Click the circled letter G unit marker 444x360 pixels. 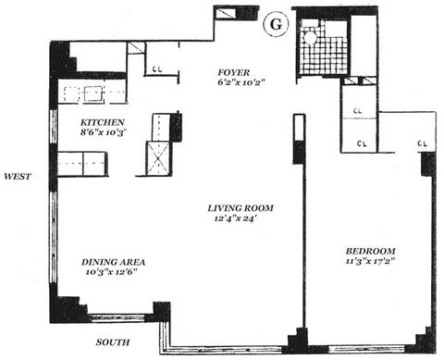tap(277, 24)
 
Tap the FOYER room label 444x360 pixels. tap(233, 73)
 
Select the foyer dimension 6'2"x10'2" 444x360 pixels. tap(241, 82)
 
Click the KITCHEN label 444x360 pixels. tap(103, 122)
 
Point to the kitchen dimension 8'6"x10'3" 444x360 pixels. tap(104, 132)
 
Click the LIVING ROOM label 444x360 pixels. tap(240, 208)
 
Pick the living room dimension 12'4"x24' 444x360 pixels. tap(236, 218)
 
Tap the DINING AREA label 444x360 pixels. tap(113, 262)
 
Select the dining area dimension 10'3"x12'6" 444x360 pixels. tap(111, 272)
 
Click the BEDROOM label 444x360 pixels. tap(370, 251)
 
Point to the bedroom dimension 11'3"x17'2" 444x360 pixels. tap(370, 261)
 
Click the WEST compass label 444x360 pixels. tap(18, 177)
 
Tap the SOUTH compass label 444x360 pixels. tap(113, 342)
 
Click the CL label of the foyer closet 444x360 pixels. tap(157, 69)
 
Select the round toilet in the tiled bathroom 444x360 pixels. tap(310, 37)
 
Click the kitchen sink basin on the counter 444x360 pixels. tap(93, 93)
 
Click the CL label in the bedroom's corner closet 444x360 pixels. tap(423, 143)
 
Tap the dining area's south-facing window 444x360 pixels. tap(117, 318)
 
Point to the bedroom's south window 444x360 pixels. tap(366, 350)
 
